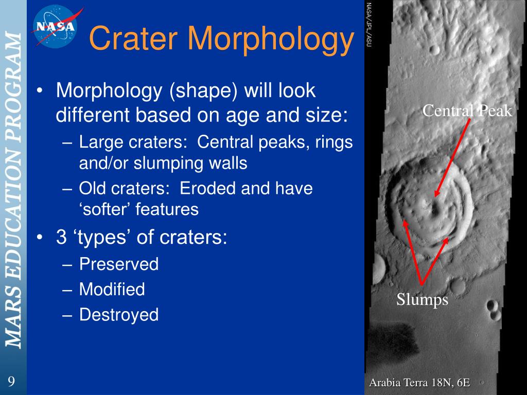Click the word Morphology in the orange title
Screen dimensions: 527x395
271,39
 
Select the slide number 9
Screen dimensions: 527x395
11,382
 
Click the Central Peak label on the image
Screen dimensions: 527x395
467,111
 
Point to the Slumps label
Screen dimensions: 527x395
422,299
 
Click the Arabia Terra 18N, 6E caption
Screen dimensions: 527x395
419,383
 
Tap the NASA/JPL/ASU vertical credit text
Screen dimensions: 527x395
368,25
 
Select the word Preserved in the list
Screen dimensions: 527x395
119,264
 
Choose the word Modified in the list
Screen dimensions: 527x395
112,289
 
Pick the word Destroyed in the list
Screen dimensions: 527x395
119,315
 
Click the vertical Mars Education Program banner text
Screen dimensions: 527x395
13,190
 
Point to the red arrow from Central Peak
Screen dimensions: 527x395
452,157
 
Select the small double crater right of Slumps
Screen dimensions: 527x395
493,310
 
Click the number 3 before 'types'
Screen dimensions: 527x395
61,237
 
